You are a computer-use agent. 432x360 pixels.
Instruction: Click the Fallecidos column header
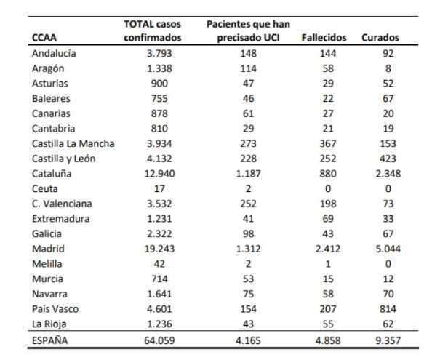324,38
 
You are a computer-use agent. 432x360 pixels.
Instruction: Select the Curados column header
380,38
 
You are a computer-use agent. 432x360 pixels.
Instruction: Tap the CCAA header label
44,38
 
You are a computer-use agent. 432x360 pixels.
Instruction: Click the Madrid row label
48,249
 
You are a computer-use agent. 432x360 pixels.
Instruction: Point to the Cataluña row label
52,174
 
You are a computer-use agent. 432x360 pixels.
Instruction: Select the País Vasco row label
55,309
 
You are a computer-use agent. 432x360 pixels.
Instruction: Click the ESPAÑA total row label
50,340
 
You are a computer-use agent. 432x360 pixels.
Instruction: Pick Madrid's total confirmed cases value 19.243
159,249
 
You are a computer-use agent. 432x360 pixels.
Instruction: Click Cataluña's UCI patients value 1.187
248,174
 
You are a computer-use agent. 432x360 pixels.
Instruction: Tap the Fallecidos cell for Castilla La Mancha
328,143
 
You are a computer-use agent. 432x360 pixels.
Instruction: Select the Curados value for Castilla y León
388,159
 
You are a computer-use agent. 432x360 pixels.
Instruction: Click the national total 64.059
159,340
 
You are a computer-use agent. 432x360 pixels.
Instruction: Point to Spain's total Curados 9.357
388,340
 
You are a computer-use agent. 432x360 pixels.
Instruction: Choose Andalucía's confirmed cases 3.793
159,53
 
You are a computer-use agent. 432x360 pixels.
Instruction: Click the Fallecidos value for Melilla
328,264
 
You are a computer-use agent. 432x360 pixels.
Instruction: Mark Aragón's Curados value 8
388,68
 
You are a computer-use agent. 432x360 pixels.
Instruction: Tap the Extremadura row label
60,219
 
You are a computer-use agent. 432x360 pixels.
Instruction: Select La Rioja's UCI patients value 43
248,324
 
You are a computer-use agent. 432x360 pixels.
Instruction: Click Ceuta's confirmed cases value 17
159,188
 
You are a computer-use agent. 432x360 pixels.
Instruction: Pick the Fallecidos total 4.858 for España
328,340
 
